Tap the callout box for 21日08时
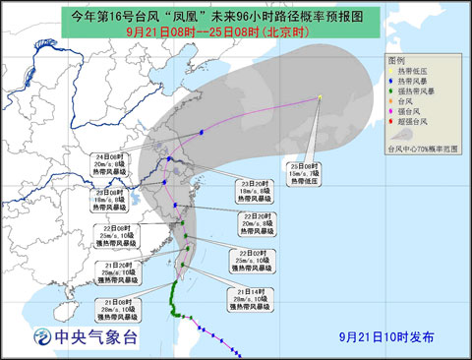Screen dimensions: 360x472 (120, 305)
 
